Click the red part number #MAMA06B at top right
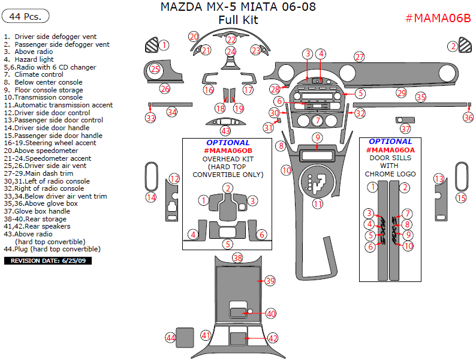coord(438,17)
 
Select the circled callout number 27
coord(359,57)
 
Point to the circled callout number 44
coord(170,338)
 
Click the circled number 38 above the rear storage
coord(237,258)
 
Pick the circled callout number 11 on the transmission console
coord(317,203)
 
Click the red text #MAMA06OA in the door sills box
coord(393,149)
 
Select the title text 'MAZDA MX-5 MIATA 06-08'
coord(238,7)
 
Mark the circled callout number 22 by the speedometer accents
coord(231,40)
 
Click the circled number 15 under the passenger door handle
coord(460,197)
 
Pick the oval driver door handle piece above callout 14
coord(151,176)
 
